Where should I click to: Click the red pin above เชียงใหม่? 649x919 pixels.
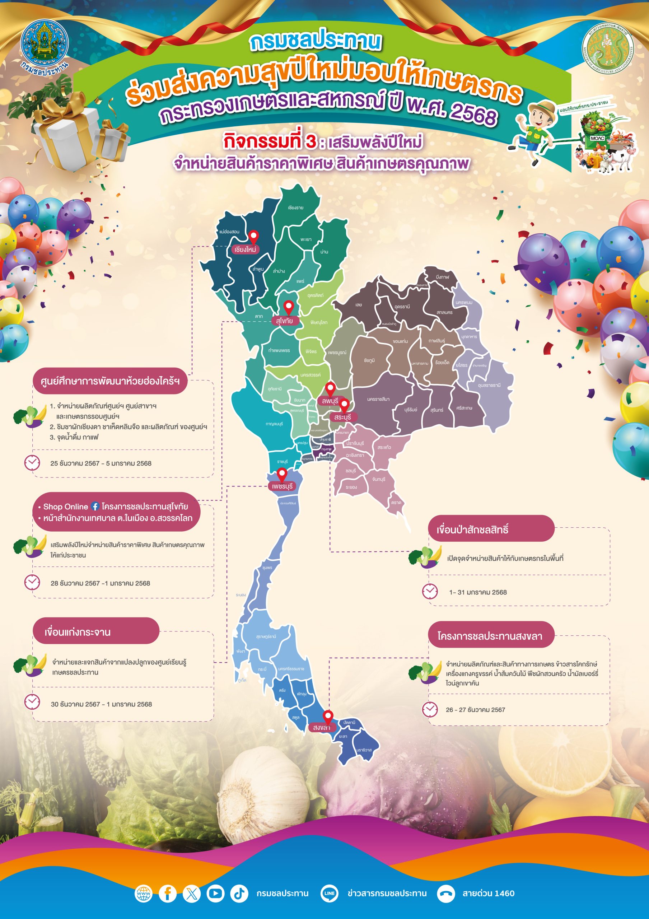click(253, 236)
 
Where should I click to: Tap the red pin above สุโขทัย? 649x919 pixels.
click(289, 307)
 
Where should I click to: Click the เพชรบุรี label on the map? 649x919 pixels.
click(282, 486)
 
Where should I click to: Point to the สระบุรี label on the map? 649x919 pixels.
click(342, 417)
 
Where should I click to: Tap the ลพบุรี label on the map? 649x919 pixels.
click(330, 401)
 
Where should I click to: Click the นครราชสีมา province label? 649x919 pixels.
click(378, 399)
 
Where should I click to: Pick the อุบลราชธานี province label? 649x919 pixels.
click(489, 385)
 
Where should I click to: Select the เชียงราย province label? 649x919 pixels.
click(295, 208)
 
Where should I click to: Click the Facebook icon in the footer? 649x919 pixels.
click(167, 893)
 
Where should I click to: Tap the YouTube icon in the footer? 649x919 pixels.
click(215, 893)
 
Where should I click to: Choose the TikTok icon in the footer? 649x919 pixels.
click(239, 893)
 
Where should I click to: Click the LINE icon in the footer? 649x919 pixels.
click(329, 893)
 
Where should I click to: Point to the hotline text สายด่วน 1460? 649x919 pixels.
click(488, 893)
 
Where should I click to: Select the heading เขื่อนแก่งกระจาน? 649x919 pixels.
click(77, 632)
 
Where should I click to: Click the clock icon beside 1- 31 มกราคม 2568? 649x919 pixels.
click(430, 591)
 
